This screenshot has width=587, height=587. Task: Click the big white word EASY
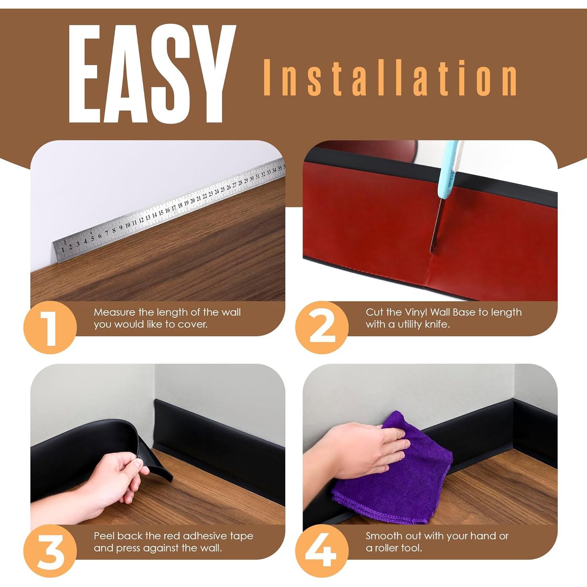pos(152,74)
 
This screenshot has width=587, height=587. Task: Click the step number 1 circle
pos(50,327)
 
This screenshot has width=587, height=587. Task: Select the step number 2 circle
pos(322,327)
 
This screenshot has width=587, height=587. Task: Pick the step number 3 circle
pos(50,551)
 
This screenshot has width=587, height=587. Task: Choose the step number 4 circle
pos(322,551)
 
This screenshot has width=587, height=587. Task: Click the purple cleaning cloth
pos(395,474)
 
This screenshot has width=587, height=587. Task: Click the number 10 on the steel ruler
pos(128,225)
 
